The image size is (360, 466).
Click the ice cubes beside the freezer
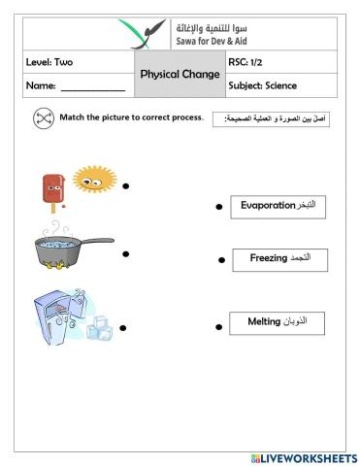point(99,329)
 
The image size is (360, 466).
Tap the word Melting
point(264,322)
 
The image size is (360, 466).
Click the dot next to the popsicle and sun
point(126,184)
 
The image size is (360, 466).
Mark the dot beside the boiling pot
point(126,254)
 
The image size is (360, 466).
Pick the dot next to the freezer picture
point(122,328)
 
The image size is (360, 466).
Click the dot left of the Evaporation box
point(218,207)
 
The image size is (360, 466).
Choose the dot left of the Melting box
point(218,327)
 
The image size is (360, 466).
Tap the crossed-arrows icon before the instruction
point(42,118)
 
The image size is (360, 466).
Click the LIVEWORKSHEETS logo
point(304,456)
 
